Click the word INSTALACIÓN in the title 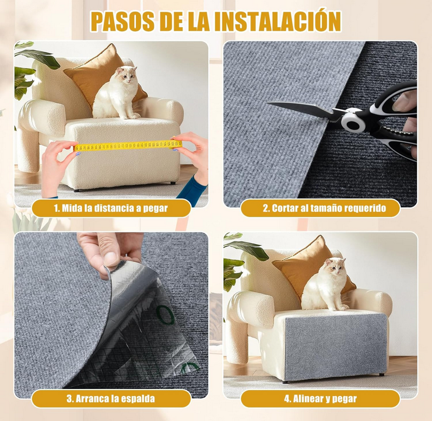[x=278, y=21]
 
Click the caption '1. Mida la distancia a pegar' [x=111, y=208]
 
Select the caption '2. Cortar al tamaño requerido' [x=321, y=208]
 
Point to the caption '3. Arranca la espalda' [x=111, y=399]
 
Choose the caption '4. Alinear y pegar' [x=320, y=399]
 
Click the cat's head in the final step [x=335, y=267]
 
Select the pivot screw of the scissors [x=351, y=121]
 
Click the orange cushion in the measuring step [x=93, y=73]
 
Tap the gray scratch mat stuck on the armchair [x=335, y=345]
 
